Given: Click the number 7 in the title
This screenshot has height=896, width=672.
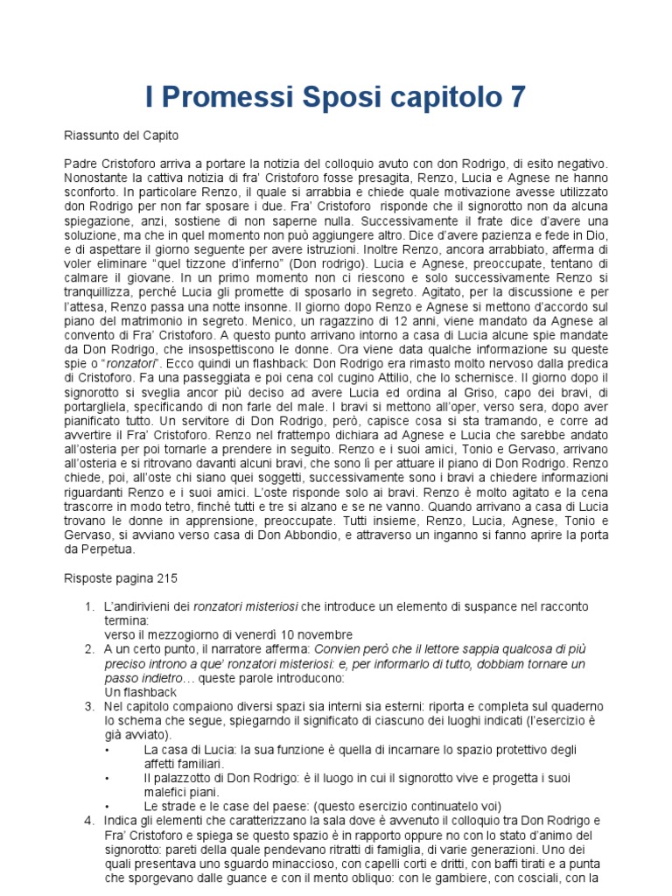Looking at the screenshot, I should click(x=517, y=97).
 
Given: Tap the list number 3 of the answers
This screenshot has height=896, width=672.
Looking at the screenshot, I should click(x=88, y=706).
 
